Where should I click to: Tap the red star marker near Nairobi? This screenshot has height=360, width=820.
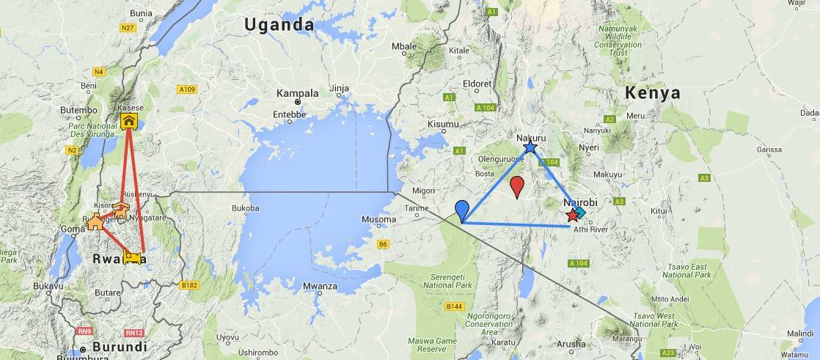(572, 216)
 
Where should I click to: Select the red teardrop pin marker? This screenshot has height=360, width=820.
(517, 187)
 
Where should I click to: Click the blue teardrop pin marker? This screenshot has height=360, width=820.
(462, 210)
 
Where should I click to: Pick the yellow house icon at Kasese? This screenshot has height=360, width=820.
(128, 120)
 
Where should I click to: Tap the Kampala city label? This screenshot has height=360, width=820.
(297, 94)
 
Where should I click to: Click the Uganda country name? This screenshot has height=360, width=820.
(279, 25)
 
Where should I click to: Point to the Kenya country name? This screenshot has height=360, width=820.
(652, 93)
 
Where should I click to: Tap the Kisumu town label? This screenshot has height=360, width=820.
(442, 124)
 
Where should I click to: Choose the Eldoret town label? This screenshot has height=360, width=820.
(477, 84)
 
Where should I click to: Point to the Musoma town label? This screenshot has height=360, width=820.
(379, 220)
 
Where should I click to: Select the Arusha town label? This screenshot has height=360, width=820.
(571, 344)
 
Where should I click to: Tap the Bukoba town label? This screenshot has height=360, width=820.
(245, 208)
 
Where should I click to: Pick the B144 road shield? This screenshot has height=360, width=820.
(454, 306)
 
